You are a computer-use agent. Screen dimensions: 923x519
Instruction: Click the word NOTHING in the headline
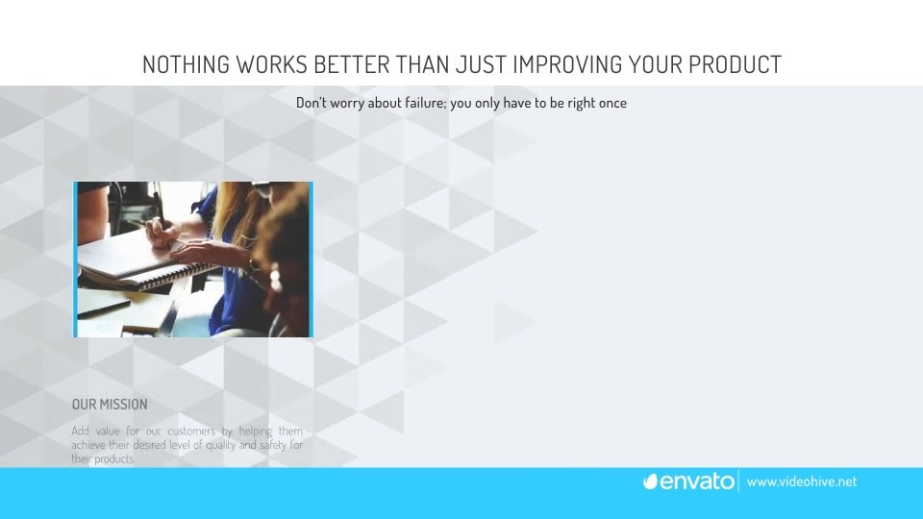pyautogui.click(x=186, y=64)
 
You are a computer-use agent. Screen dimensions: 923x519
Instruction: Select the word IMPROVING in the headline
pyautogui.click(x=567, y=64)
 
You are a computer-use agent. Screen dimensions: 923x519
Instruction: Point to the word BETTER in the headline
pyautogui.click(x=351, y=64)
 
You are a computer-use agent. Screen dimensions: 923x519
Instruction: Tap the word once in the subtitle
pyautogui.click(x=612, y=104)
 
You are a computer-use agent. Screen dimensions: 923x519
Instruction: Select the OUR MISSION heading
pyautogui.click(x=110, y=405)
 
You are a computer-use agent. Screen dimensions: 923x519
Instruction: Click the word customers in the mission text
pyautogui.click(x=191, y=431)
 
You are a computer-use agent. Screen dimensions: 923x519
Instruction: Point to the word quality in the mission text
pyautogui.click(x=221, y=445)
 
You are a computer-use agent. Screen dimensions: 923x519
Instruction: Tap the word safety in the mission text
pyautogui.click(x=273, y=445)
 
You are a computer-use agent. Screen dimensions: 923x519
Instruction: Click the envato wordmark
pyautogui.click(x=696, y=482)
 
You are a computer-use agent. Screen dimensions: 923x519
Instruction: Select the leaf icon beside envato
pyautogui.click(x=650, y=482)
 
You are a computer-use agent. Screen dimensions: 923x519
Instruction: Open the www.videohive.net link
pyautogui.click(x=802, y=482)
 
